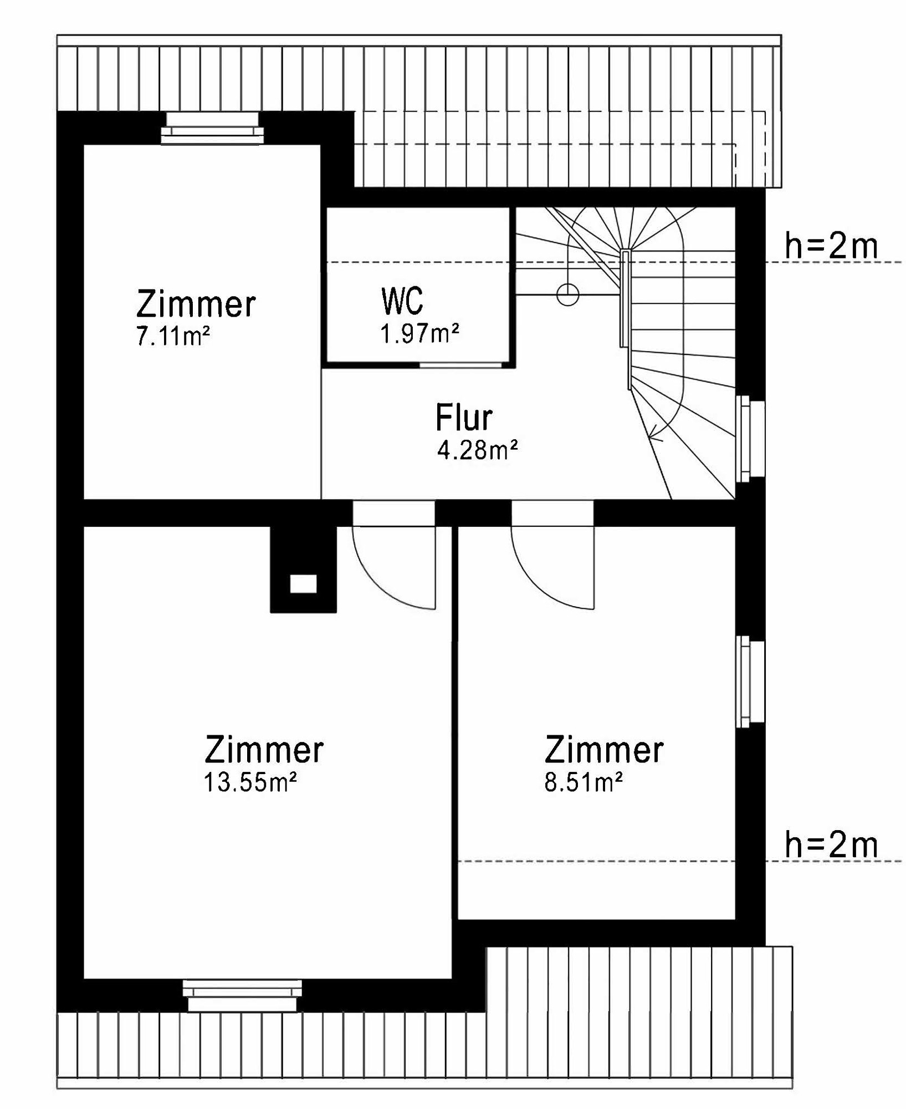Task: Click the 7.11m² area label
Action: point(173,337)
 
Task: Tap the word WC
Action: point(402,301)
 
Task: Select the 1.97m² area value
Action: point(419,334)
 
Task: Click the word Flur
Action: point(464,418)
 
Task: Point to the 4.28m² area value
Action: point(477,450)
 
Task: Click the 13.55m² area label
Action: point(250,782)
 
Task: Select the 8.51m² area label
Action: point(583,782)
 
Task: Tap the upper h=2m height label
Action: point(831,246)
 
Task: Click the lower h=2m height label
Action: point(831,845)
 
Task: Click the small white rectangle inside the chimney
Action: point(304,584)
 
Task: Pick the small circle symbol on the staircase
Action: point(567,294)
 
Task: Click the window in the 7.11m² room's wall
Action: point(212,129)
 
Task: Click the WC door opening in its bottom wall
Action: point(460,365)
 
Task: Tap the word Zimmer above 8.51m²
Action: point(604,750)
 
